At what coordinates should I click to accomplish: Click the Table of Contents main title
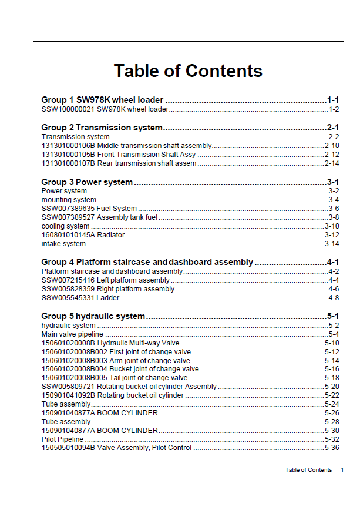188,71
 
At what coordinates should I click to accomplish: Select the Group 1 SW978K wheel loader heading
102,100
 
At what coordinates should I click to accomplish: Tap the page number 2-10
332,146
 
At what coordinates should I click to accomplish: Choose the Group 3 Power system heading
87,182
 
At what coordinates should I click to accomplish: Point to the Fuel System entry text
117,209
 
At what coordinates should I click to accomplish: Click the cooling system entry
66,226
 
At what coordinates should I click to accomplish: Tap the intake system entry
64,244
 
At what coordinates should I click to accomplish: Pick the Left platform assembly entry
133,280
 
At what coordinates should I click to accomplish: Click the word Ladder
108,298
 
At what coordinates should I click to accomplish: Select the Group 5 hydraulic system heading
93,316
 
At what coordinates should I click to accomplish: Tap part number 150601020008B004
74,369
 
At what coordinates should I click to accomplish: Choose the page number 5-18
332,378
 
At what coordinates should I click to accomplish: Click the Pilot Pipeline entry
63,439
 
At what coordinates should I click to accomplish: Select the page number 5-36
332,448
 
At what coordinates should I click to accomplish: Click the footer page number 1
342,470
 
